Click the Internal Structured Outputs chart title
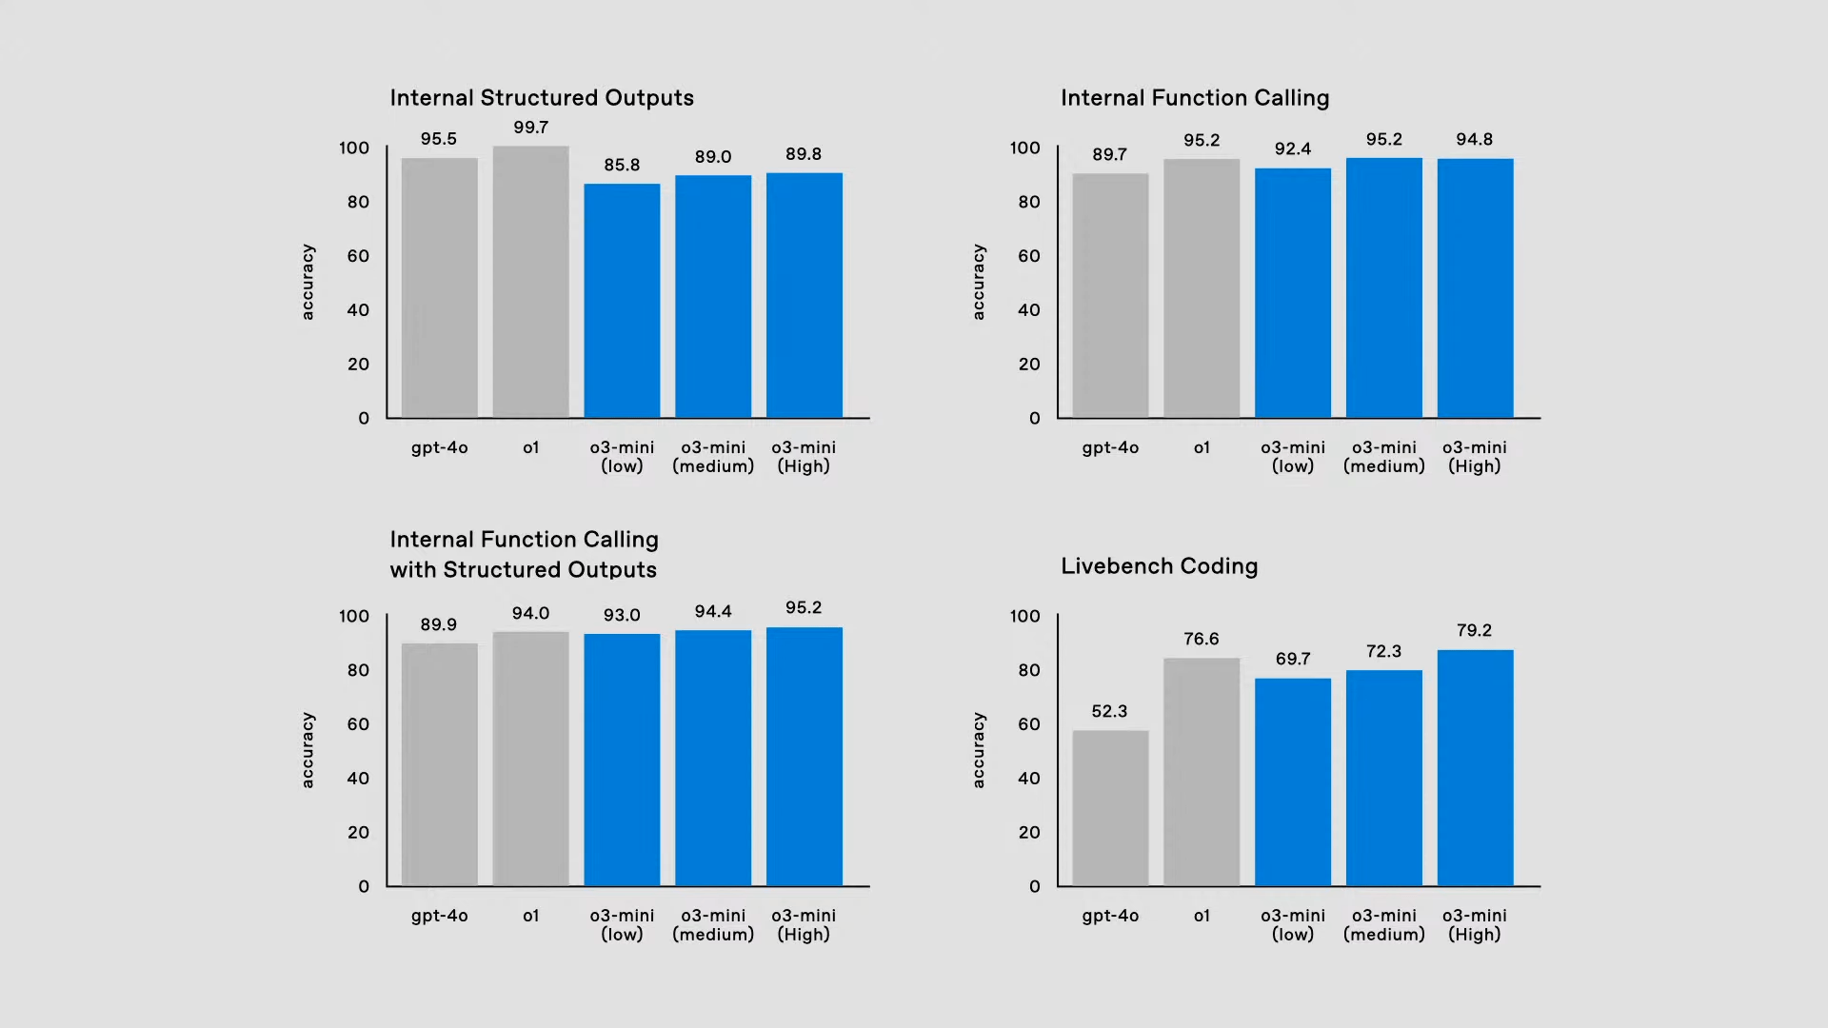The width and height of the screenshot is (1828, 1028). [542, 98]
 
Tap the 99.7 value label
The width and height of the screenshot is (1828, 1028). [530, 128]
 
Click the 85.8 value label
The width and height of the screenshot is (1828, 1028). [622, 166]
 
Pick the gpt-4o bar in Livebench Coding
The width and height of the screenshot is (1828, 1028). [1110, 808]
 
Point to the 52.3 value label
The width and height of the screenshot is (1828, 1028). [1109, 712]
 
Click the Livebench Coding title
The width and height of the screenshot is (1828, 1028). [1159, 566]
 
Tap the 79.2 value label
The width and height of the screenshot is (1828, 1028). [1474, 631]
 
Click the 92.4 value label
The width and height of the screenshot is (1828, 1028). [1293, 149]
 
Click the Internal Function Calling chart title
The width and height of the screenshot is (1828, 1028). [1195, 98]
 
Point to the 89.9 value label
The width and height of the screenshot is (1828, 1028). [439, 625]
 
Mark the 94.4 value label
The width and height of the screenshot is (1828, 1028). [713, 612]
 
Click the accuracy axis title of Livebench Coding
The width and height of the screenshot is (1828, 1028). [978, 750]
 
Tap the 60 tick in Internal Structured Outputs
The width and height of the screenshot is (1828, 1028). [358, 256]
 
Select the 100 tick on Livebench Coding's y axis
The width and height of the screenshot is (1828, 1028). [1025, 617]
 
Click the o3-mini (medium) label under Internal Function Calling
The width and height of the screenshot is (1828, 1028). [1384, 457]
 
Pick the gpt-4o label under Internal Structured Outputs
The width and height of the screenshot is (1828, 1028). [440, 447]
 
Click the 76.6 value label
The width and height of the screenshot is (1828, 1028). [1202, 640]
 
